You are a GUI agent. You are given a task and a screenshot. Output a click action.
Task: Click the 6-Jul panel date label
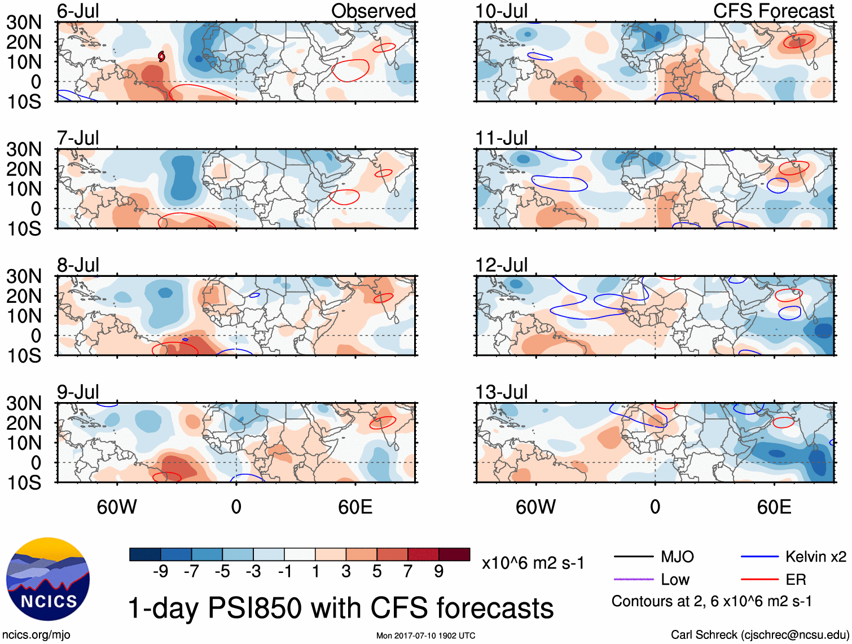point(78,11)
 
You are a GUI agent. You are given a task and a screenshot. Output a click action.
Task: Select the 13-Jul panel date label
point(501,392)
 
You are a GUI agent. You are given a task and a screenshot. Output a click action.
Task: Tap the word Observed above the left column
point(373,11)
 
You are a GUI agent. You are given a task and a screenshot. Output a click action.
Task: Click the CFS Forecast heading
point(773,11)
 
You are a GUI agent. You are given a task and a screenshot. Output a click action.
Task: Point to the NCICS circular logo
point(48,579)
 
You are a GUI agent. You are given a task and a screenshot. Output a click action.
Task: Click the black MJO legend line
point(633,557)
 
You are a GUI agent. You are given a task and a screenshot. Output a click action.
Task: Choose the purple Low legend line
point(633,579)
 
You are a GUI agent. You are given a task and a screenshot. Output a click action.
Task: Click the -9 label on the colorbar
point(160,572)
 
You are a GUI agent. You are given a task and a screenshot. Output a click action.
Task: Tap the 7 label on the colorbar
point(408,572)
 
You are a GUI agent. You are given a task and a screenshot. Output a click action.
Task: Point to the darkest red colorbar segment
point(454,554)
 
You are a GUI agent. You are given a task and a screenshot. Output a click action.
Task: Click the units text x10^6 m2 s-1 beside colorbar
point(533,563)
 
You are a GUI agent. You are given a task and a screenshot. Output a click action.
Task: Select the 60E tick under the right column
point(774,507)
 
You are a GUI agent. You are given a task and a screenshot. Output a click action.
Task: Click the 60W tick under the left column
point(117,507)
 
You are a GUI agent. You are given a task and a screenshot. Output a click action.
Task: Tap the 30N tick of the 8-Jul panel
point(24,276)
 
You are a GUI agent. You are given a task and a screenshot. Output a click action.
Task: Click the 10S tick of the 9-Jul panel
point(24,483)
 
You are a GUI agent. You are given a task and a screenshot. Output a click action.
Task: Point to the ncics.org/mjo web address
point(36,635)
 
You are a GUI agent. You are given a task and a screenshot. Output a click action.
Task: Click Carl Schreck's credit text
point(759,635)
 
